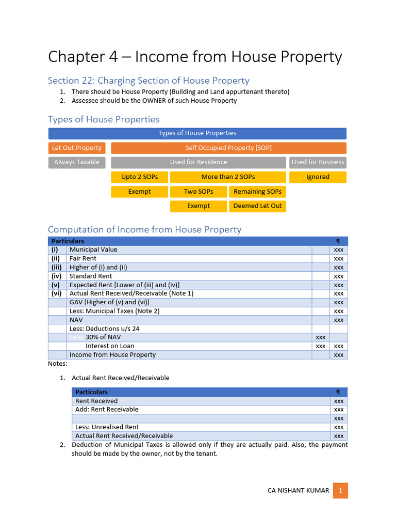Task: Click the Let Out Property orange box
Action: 77,148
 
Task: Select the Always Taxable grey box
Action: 77,162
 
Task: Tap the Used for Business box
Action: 318,162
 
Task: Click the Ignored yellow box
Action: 318,177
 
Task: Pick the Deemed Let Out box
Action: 257,206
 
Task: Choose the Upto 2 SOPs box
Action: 139,177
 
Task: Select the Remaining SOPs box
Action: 257,191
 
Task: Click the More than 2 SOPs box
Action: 228,177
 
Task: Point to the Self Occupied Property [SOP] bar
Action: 228,148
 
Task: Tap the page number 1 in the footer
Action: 340,491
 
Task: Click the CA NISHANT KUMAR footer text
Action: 298,491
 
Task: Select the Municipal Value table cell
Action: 93,250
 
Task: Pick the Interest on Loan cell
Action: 110,346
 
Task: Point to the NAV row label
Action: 76,320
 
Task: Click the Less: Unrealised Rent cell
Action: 107,427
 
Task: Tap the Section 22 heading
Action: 148,81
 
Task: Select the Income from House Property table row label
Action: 112,355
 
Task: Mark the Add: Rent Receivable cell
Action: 107,410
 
